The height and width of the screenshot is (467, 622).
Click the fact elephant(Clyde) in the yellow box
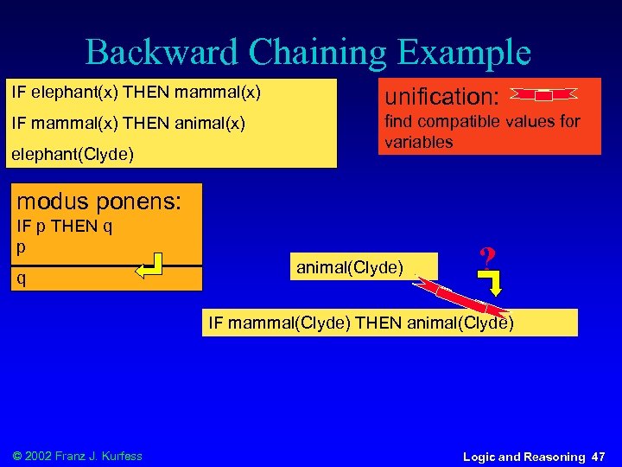[71, 155]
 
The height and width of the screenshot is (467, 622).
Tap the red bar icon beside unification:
[544, 94]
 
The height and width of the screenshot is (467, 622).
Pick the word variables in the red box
[418, 142]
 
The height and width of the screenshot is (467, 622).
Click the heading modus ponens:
[99, 202]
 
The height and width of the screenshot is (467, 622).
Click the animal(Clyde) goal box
[350, 267]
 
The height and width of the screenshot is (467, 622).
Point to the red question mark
[486, 257]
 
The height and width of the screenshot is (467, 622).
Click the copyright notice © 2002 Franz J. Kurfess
[77, 456]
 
